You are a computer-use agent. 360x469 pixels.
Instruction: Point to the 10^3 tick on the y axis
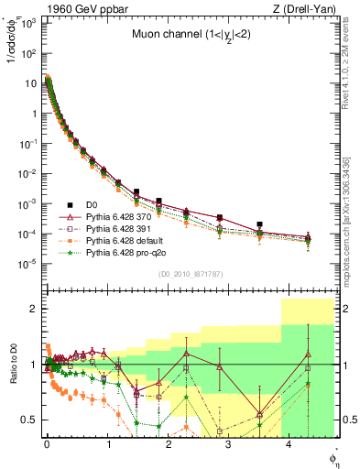(x=29, y=23)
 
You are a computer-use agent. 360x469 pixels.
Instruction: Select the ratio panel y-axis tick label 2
(x=35, y=309)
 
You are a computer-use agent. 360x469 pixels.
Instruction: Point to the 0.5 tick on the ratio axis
(x=31, y=420)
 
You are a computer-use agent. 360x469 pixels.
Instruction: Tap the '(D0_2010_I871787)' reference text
(x=190, y=274)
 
